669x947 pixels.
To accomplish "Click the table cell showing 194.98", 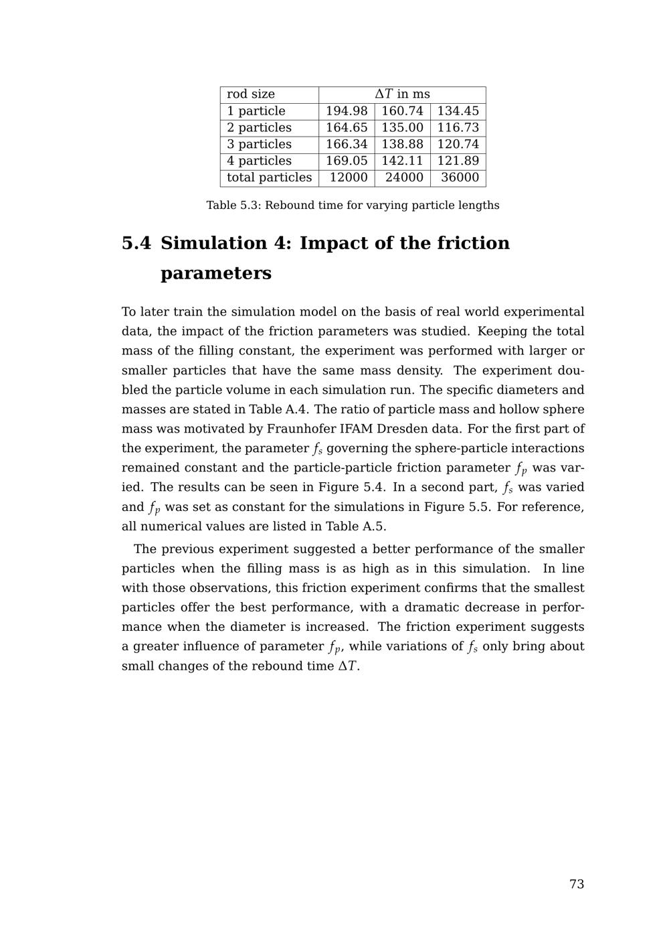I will point(347,111).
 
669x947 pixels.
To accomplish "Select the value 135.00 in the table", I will point(402,128).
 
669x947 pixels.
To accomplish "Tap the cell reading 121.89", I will point(458,161).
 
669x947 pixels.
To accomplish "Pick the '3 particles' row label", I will point(260,144).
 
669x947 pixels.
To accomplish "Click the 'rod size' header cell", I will point(251,94).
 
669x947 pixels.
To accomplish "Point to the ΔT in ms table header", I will point(402,94).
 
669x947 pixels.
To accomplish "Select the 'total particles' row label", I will point(269,177).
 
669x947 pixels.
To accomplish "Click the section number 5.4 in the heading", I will point(136,243).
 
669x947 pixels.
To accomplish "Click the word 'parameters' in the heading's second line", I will point(216,273).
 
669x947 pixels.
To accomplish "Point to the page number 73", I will point(577,884).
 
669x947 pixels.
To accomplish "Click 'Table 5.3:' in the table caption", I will point(233,205).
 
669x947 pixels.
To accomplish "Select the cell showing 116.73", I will point(458,128).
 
